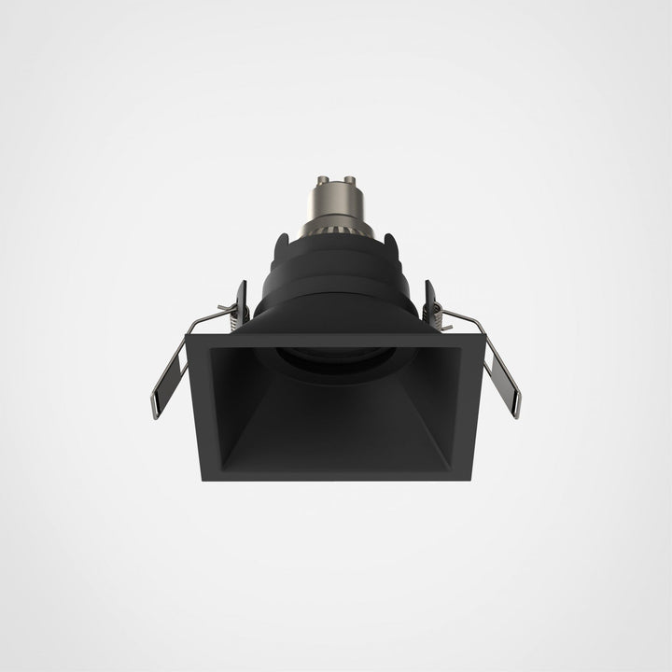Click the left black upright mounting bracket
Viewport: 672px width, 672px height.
click(x=242, y=303)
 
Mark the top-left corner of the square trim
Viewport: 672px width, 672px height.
click(x=189, y=337)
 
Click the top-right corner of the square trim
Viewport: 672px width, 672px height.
click(x=483, y=337)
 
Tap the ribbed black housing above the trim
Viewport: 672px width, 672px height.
click(x=336, y=275)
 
